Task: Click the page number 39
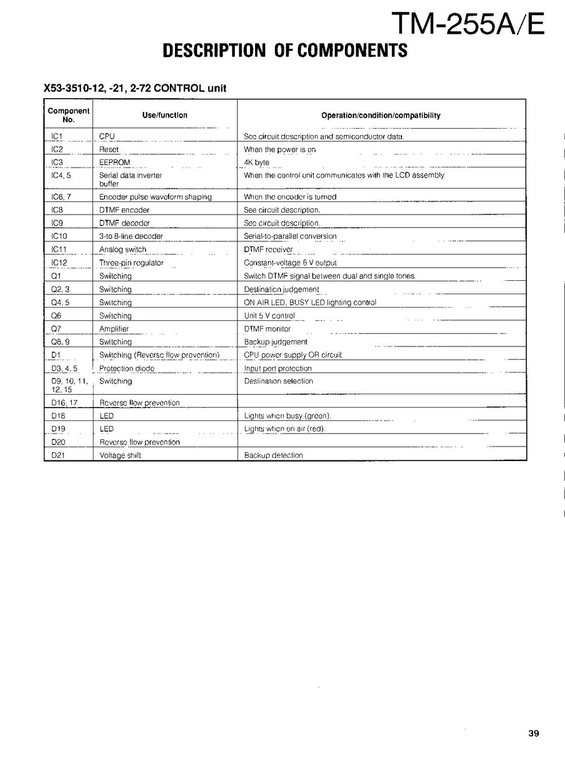coord(533,733)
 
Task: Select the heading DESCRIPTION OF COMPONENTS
coord(285,51)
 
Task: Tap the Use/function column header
coord(164,115)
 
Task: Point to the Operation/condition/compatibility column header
coord(380,115)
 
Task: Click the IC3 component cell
coord(57,162)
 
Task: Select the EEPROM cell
coord(115,162)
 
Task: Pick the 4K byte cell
coord(257,162)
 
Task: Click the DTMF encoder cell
coord(124,210)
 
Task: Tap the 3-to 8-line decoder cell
coord(131,236)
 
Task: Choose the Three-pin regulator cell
coord(131,263)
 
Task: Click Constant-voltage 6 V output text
coord(290,263)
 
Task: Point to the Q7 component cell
coord(56,329)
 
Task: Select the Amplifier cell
coord(114,329)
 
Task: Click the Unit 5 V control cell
coord(269,316)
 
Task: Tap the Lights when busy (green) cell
coord(288,416)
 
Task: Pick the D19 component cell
coord(57,429)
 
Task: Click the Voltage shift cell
coord(120,455)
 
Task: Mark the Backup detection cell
coord(274,455)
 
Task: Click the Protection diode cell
coord(127,369)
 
